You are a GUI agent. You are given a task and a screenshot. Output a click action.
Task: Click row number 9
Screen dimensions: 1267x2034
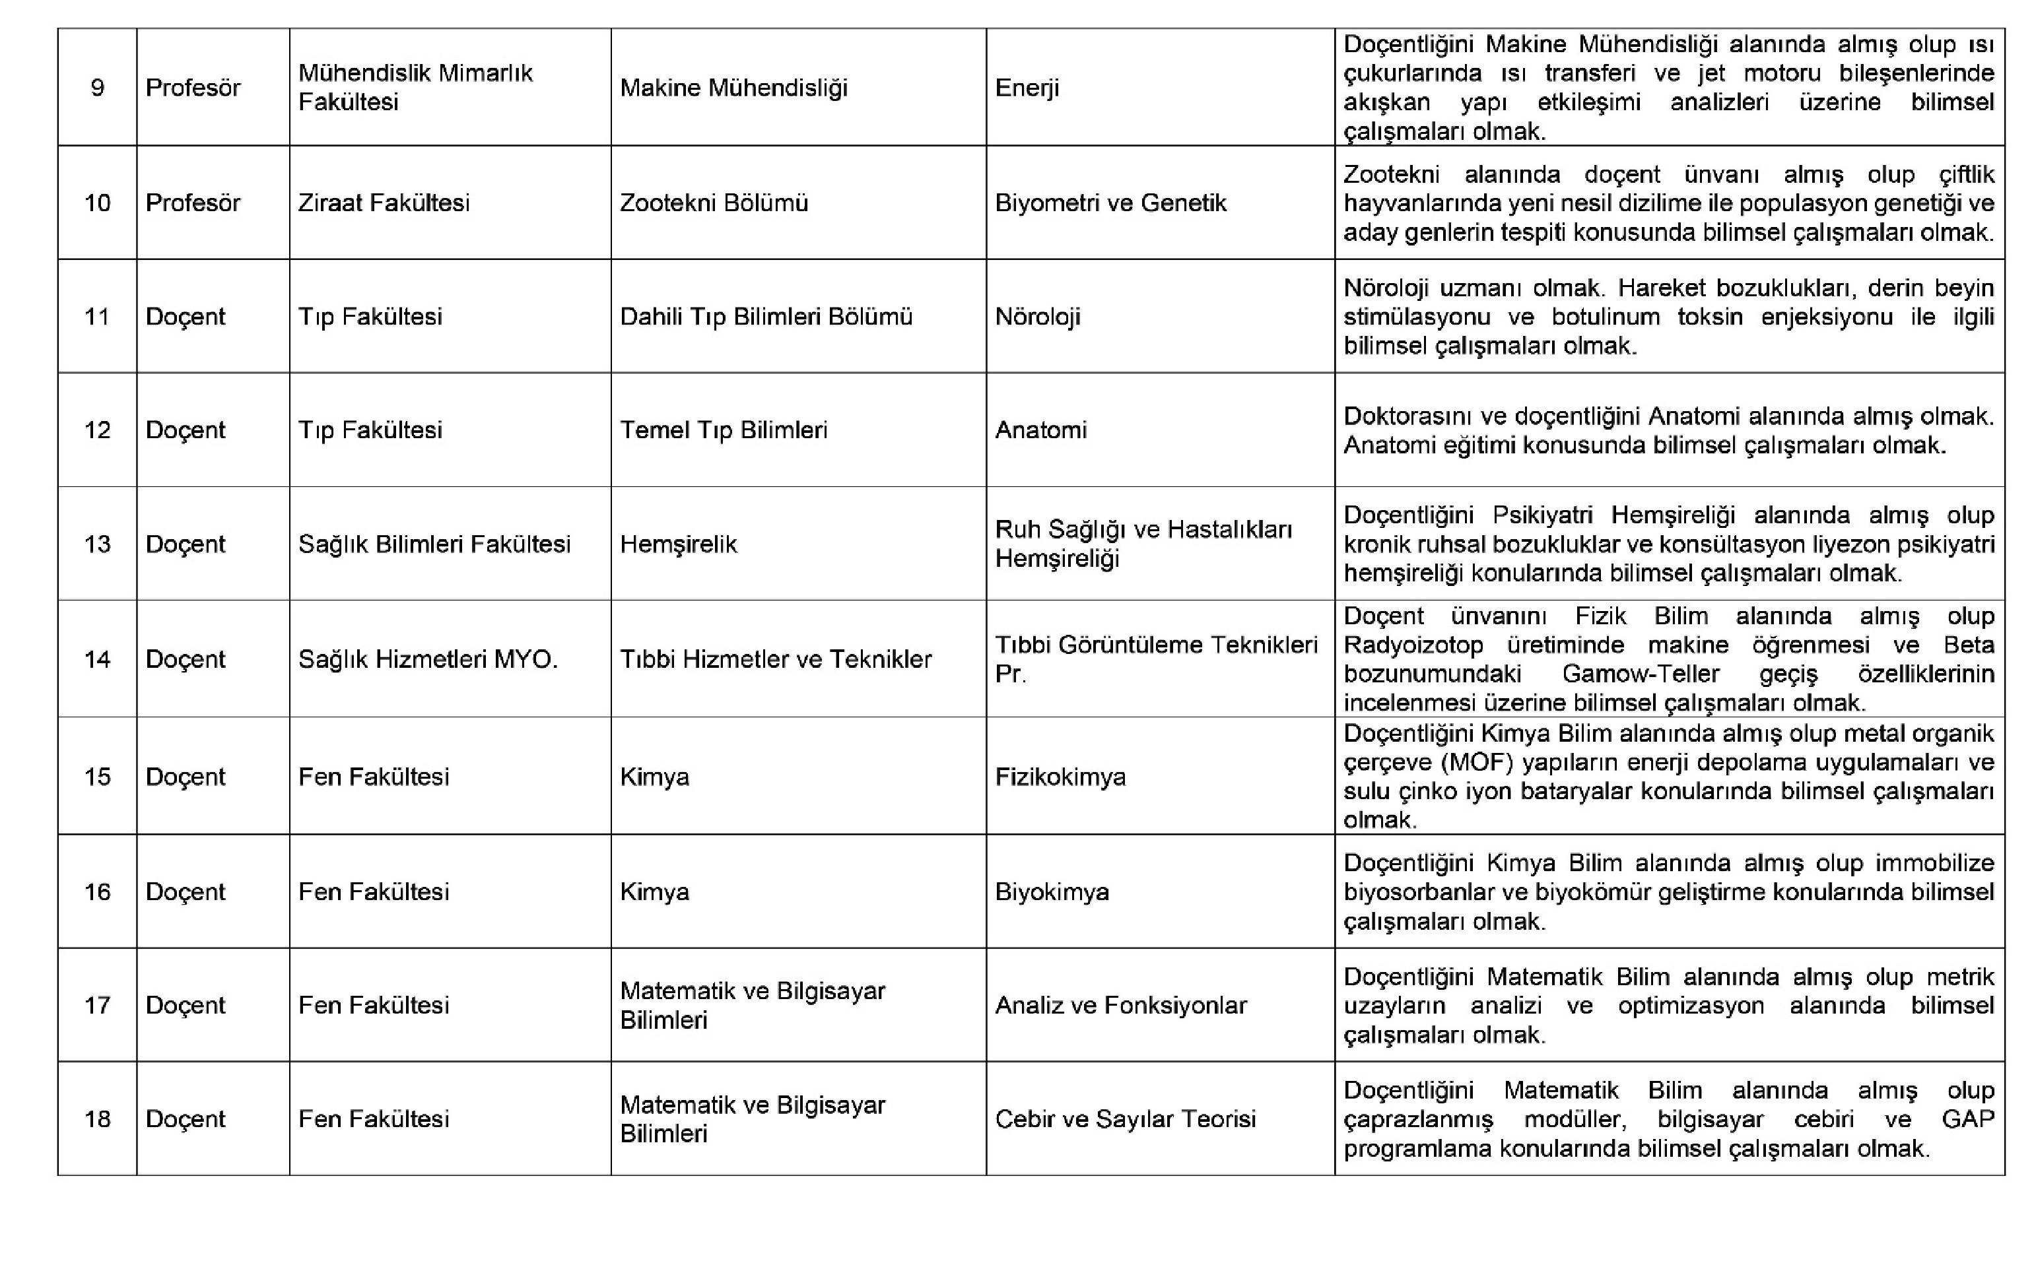pyautogui.click(x=97, y=87)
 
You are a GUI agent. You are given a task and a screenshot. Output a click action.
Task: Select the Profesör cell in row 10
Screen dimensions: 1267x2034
pyautogui.click(x=193, y=203)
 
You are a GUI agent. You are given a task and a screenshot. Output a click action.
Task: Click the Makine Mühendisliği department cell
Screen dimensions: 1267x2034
pyautogui.click(x=733, y=87)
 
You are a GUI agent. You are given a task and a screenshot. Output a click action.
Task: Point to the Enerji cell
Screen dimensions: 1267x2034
pyautogui.click(x=1027, y=87)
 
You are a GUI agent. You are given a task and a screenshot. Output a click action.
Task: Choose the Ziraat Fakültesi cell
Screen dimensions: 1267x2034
pyautogui.click(x=383, y=203)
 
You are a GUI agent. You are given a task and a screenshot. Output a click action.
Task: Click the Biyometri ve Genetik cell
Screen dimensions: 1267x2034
pyautogui.click(x=1110, y=203)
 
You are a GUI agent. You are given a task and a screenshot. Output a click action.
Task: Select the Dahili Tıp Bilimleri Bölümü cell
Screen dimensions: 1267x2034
pyautogui.click(x=765, y=317)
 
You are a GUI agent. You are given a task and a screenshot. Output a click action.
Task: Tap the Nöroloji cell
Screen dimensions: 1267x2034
pyautogui.click(x=1038, y=317)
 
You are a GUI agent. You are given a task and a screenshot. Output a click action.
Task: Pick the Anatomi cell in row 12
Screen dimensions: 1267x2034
pyautogui.click(x=1041, y=430)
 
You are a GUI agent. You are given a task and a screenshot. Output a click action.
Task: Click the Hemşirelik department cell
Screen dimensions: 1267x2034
pyautogui.click(x=678, y=544)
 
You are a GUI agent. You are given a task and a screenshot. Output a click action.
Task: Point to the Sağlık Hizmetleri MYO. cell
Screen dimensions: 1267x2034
pyautogui.click(x=427, y=659)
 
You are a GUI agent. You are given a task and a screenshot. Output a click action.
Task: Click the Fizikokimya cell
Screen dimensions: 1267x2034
pyautogui.click(x=1060, y=777)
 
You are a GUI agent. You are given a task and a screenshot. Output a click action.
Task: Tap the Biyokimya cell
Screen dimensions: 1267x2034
pyautogui.click(x=1052, y=892)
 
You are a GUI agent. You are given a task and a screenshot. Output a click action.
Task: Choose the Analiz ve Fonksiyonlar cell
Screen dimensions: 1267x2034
pyautogui.click(x=1120, y=1005)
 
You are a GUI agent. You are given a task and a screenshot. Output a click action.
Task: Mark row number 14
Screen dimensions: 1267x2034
pyautogui.click(x=97, y=659)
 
